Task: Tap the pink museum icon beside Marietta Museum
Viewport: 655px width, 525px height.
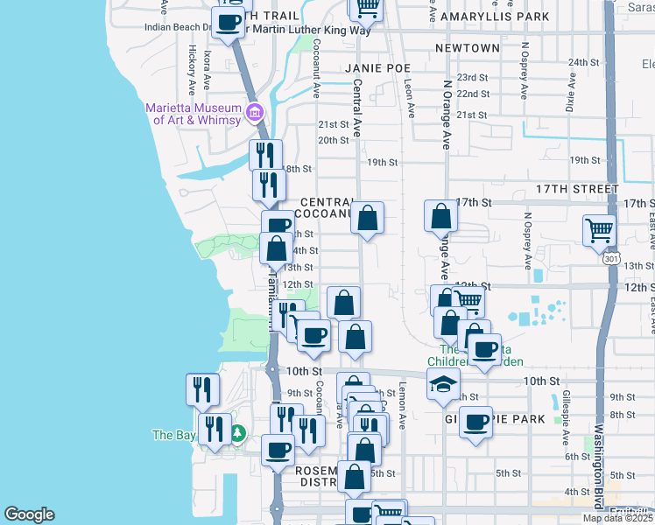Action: [x=255, y=112]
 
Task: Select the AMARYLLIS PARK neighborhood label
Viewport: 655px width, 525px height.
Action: [x=496, y=17]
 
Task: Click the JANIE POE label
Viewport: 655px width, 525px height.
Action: [x=377, y=67]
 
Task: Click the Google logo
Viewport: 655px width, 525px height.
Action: [x=29, y=514]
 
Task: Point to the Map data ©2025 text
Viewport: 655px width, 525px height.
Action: [x=617, y=518]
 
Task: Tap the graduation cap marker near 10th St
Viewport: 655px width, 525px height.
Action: [x=444, y=383]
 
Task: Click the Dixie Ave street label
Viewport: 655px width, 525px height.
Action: [x=570, y=91]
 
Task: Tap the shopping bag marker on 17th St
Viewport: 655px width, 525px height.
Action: [x=441, y=215]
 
